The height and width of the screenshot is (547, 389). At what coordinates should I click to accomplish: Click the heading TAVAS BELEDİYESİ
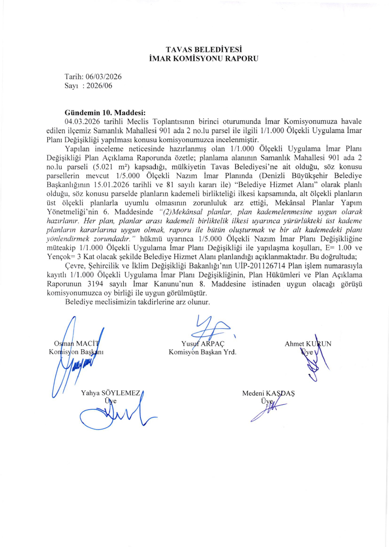[194, 50]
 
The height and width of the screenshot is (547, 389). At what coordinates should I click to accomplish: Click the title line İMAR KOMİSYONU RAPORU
[194, 58]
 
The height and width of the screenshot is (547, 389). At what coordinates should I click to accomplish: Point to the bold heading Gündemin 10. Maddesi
[105, 112]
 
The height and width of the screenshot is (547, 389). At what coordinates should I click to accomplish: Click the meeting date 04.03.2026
[83, 121]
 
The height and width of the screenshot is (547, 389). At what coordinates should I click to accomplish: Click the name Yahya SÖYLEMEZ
[110, 393]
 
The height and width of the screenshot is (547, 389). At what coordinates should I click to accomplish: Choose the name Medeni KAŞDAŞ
[268, 393]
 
